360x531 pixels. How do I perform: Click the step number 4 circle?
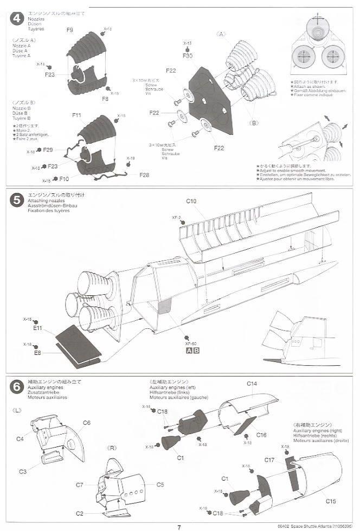[17, 18]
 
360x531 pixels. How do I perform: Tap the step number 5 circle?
[17, 200]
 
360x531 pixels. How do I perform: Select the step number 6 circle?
[17, 386]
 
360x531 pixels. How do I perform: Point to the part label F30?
[188, 56]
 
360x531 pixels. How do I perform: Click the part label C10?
[191, 201]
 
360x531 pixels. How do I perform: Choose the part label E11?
[37, 328]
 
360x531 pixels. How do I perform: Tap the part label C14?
[252, 384]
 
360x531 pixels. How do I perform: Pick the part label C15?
[331, 501]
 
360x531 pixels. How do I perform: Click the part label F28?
[144, 174]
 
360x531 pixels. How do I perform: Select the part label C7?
[79, 484]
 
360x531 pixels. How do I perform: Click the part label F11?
[76, 115]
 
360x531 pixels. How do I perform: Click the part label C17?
[269, 460]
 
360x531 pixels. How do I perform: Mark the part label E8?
[37, 353]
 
